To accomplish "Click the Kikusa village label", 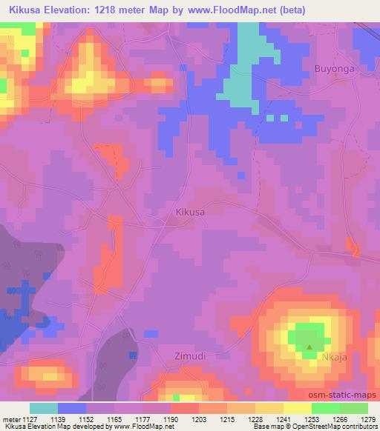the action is point(190,212).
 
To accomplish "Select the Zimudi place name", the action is point(189,355).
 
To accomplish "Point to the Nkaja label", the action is point(334,357).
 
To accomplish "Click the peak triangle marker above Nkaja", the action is point(310,346).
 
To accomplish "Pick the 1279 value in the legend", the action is point(368,419).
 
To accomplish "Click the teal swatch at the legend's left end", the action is point(44,408).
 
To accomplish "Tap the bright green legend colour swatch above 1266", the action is point(325,408).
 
